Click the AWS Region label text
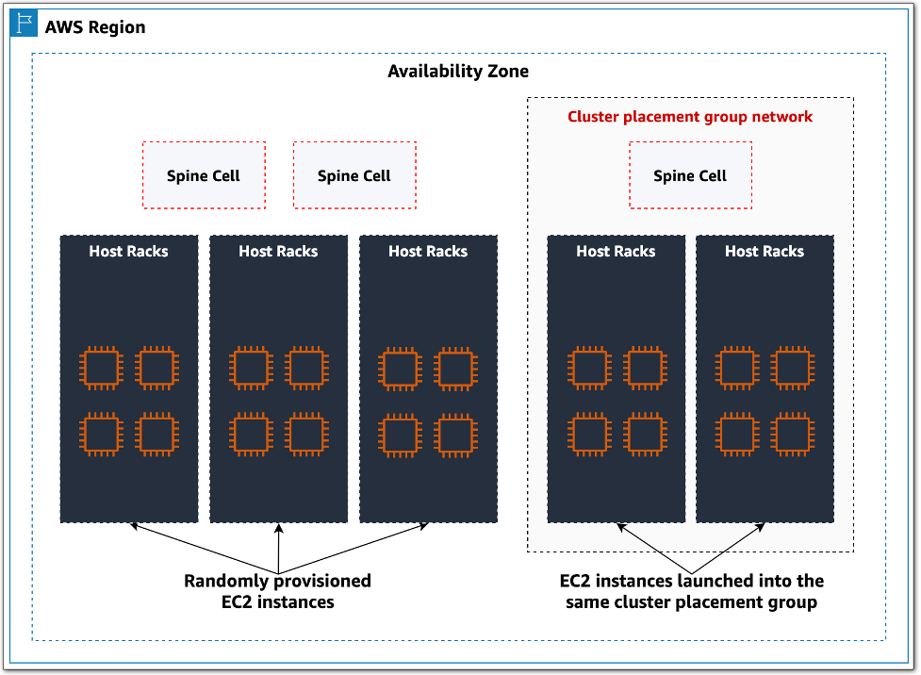click(x=95, y=26)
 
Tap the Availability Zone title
click(x=458, y=72)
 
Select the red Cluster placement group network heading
click(x=690, y=117)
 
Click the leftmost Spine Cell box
click(x=204, y=175)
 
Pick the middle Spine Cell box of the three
click(x=354, y=175)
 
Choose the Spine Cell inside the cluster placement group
click(x=690, y=175)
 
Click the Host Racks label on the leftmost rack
click(x=129, y=251)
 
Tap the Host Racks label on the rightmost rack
click(x=765, y=251)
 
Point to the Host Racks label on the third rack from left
click(x=428, y=251)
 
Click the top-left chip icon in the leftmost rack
click(x=100, y=368)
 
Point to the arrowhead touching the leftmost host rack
click(x=135, y=526)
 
